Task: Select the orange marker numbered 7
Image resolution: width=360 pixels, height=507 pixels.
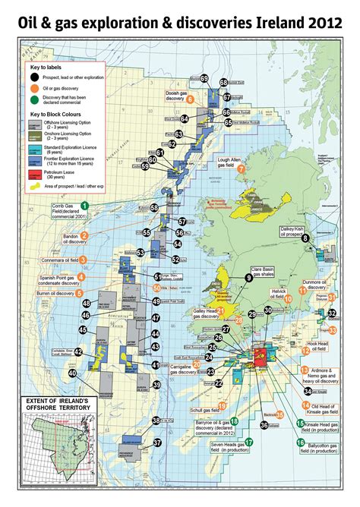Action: click(x=241, y=169)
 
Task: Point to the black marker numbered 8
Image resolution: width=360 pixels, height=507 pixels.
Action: click(x=305, y=238)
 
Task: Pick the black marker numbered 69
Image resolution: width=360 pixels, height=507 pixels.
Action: click(x=204, y=78)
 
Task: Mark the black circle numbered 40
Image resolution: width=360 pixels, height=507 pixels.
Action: click(x=72, y=373)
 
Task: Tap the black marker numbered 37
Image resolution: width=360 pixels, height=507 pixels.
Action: click(x=158, y=442)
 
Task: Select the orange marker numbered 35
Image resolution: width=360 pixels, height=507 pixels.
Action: click(x=280, y=414)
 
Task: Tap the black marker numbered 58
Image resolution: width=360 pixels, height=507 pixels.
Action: click(x=154, y=207)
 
